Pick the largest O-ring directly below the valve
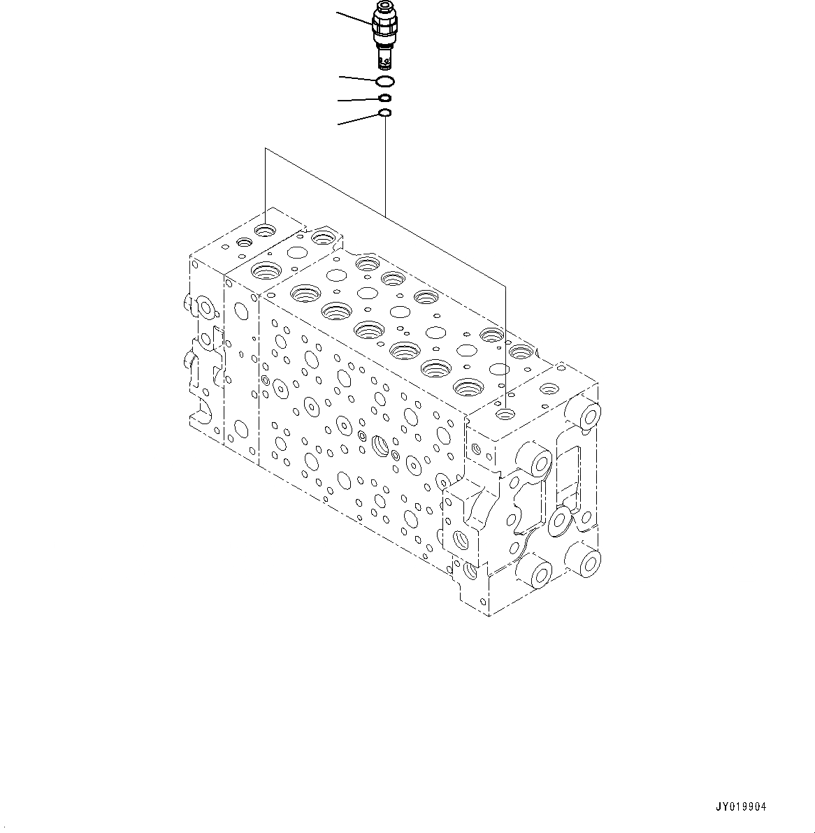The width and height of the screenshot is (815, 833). tap(385, 81)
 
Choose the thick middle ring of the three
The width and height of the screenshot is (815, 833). tap(385, 98)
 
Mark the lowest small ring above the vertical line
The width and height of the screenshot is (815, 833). tap(384, 113)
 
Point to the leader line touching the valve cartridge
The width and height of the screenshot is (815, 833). tap(355, 18)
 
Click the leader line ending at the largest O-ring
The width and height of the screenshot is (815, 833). tap(359, 78)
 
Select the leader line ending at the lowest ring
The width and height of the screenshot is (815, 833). tap(358, 119)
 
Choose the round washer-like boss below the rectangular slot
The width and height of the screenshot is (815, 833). tap(561, 520)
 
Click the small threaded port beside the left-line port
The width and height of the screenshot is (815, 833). tap(245, 242)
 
